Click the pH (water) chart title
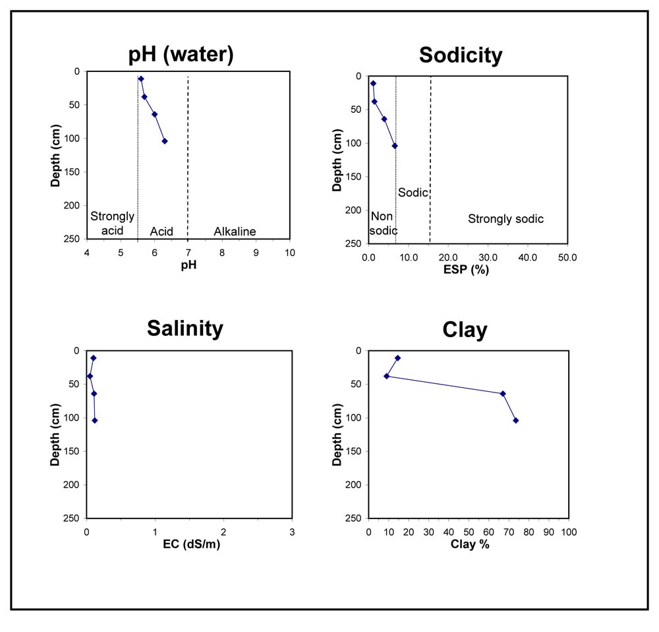(x=181, y=55)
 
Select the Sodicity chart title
(x=461, y=55)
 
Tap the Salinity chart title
(x=185, y=328)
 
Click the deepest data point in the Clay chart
(x=516, y=420)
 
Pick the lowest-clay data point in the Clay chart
(x=387, y=376)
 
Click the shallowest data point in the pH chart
(x=141, y=79)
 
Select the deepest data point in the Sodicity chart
(x=395, y=146)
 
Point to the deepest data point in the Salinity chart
(x=95, y=420)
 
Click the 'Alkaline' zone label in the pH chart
(x=235, y=232)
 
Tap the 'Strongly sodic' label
(x=506, y=219)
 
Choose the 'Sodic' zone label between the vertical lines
(x=413, y=193)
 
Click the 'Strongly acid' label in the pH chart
(x=112, y=224)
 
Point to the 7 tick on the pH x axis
(x=188, y=253)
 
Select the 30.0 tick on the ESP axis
(x=488, y=257)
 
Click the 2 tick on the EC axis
(x=223, y=532)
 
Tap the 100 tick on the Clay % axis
(x=569, y=532)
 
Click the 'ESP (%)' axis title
(x=466, y=269)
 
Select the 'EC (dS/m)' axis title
(x=192, y=544)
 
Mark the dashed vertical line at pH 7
(x=188, y=158)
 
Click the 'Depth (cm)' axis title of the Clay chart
(x=337, y=435)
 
